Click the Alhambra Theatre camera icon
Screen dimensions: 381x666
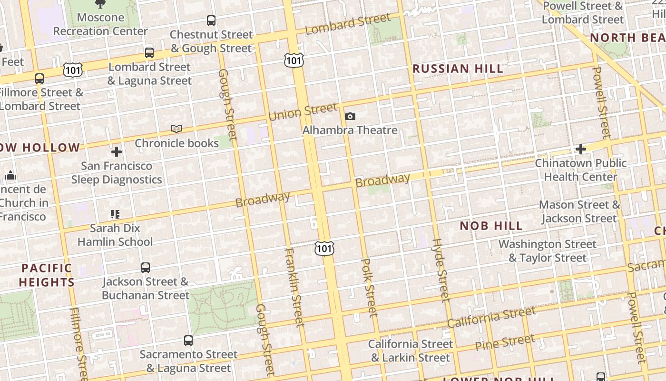pyautogui.click(x=350, y=116)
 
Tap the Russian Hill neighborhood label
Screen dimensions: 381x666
pyautogui.click(x=458, y=69)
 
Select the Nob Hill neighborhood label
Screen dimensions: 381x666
pyautogui.click(x=491, y=226)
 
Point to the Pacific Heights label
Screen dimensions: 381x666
pyautogui.click(x=47, y=275)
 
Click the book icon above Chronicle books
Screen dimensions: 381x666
pyautogui.click(x=176, y=129)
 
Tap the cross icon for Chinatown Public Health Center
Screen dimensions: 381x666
pyautogui.click(x=580, y=149)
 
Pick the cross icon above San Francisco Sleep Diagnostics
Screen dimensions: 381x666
pyautogui.click(x=117, y=152)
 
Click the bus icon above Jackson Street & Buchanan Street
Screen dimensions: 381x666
pyautogui.click(x=146, y=268)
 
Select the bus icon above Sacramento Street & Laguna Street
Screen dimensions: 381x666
pyautogui.click(x=188, y=341)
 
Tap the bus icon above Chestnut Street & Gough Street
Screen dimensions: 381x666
pyautogui.click(x=211, y=20)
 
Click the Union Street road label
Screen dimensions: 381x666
pyautogui.click(x=303, y=112)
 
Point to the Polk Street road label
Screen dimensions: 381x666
pyautogui.click(x=369, y=288)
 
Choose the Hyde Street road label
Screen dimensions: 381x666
pyautogui.click(x=440, y=270)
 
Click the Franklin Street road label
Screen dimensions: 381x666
pyautogui.click(x=294, y=287)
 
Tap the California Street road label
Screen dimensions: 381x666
pyautogui.click(x=491, y=317)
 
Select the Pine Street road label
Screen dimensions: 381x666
pyautogui.click(x=505, y=342)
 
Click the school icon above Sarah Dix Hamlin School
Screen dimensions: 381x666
pyautogui.click(x=115, y=214)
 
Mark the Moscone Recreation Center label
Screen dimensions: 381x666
pyautogui.click(x=100, y=24)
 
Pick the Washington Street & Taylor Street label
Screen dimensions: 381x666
pyautogui.click(x=547, y=251)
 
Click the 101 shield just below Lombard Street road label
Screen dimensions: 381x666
pyautogui.click(x=294, y=60)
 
